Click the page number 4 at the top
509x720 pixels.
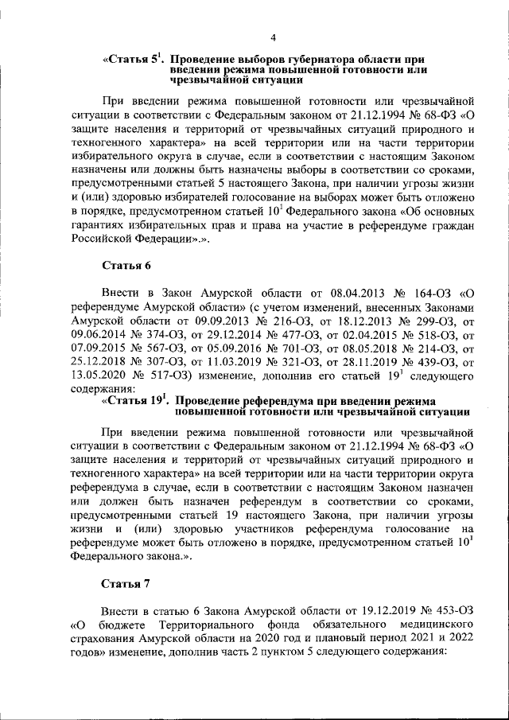(x=273, y=37)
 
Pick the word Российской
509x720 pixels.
(x=108, y=238)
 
